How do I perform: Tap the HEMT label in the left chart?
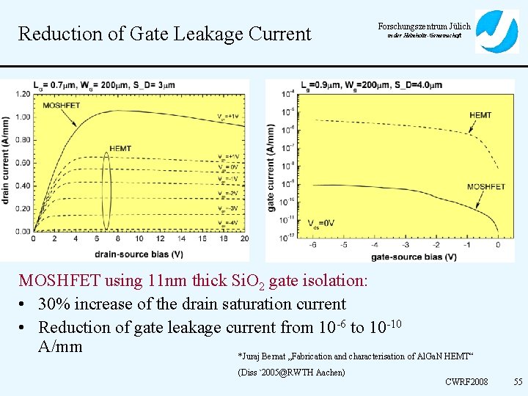tap(120, 149)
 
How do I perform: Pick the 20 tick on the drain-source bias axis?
tap(244, 239)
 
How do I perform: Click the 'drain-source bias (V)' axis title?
tap(138, 254)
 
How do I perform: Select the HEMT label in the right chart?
tap(480, 116)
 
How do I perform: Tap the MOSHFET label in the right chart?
tap(485, 187)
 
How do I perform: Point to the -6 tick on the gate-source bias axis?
tap(313, 245)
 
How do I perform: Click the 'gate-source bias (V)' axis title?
tap(414, 257)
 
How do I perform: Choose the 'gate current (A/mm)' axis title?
tap(271, 167)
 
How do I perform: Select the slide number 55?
tap(518, 382)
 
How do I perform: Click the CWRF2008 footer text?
tap(466, 382)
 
